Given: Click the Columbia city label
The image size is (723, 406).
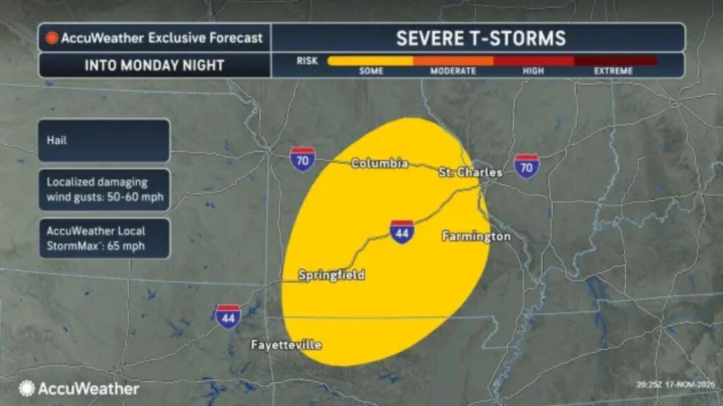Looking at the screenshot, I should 380,164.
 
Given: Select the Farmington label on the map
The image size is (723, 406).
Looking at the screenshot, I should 476,236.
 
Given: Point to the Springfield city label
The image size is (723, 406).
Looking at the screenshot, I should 331,275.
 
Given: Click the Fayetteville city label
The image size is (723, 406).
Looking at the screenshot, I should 287,345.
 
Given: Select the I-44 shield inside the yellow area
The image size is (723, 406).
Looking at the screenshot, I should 402,231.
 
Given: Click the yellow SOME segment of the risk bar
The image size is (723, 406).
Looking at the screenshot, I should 370,61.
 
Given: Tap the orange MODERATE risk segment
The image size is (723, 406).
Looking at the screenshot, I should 453,61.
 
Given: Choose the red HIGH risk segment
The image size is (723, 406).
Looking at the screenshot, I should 533,61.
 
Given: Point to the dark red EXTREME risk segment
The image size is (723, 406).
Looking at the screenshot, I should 614,61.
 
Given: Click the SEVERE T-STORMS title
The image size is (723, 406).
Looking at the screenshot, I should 481,37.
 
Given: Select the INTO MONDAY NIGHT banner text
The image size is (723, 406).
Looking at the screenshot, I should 154,66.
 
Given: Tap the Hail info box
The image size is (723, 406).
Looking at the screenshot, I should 104,140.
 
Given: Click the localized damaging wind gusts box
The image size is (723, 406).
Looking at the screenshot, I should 104,190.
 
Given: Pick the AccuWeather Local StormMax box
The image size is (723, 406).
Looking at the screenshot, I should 104,238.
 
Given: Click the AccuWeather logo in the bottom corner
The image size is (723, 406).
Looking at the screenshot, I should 79,388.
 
